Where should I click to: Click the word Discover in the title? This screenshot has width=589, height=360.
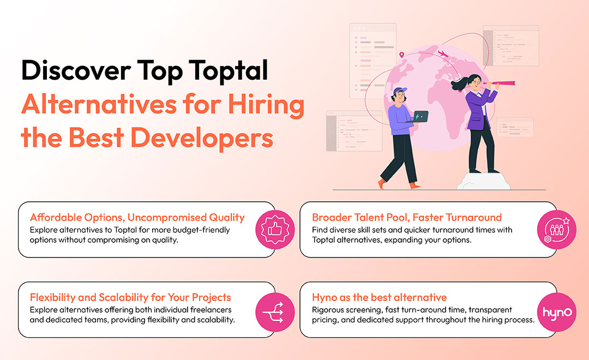pyautogui.click(x=76, y=70)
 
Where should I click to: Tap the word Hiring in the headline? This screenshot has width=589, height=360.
pyautogui.click(x=266, y=106)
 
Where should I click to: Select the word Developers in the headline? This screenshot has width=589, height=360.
pyautogui.click(x=202, y=138)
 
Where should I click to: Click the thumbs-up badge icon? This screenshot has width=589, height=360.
pyautogui.click(x=275, y=229)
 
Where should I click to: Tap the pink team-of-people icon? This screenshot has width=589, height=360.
pyautogui.click(x=556, y=229)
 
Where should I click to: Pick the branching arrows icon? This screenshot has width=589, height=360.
pyautogui.click(x=275, y=313)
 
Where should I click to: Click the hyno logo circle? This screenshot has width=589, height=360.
pyautogui.click(x=556, y=313)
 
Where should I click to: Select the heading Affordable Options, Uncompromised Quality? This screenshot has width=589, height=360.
pyautogui.click(x=137, y=218)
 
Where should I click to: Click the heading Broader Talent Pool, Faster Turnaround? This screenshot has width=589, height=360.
pyautogui.click(x=407, y=218)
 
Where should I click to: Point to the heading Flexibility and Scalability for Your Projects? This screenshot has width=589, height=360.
pyautogui.click(x=130, y=298)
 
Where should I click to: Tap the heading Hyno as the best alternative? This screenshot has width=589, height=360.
pyautogui.click(x=380, y=298)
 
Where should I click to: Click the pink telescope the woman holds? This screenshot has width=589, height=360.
pyautogui.click(x=499, y=83)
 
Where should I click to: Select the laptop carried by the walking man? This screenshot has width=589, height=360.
pyautogui.click(x=418, y=117)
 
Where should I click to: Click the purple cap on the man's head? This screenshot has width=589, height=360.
pyautogui.click(x=400, y=91)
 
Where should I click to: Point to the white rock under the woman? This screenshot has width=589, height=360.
pyautogui.click(x=483, y=181)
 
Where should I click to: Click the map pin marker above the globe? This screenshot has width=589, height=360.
pyautogui.click(x=401, y=55)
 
